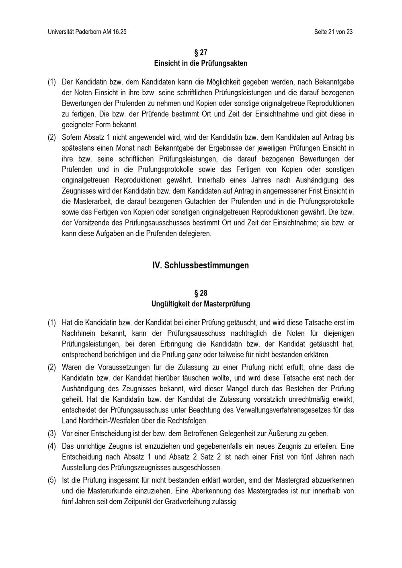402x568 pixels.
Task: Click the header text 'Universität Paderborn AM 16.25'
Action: pyautogui.click(x=87, y=32)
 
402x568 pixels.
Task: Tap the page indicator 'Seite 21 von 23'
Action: pyautogui.click(x=334, y=32)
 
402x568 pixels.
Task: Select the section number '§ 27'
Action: pyautogui.click(x=201, y=53)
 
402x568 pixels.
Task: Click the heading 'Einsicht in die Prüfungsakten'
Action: pyautogui.click(x=201, y=63)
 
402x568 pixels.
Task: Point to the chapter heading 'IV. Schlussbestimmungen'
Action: pyautogui.click(x=201, y=265)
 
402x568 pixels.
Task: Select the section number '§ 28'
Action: pyautogui.click(x=201, y=293)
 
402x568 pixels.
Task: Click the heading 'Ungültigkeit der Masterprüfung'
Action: pyautogui.click(x=201, y=304)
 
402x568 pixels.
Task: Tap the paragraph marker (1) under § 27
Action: pyautogui.click(x=51, y=82)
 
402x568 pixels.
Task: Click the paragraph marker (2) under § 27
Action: pyautogui.click(x=51, y=137)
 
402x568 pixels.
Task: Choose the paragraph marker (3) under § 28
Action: pyautogui.click(x=51, y=434)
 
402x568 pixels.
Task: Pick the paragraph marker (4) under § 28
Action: pyautogui.click(x=51, y=446)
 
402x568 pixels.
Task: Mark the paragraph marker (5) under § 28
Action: pyautogui.click(x=51, y=480)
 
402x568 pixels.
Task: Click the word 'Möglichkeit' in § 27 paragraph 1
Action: pyautogui.click(x=224, y=82)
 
